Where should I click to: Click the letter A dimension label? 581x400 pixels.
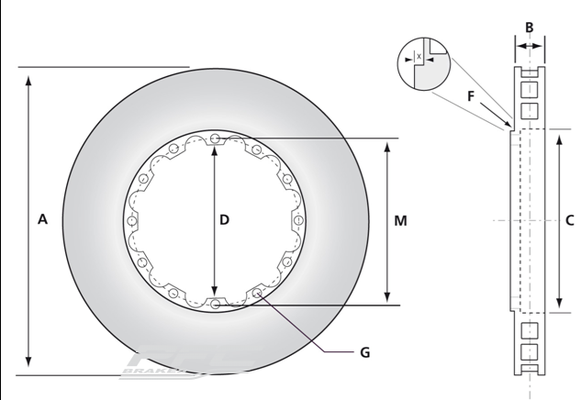(x=42, y=219)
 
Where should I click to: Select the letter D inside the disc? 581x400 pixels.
(x=224, y=219)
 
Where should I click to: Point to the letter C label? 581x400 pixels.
(x=570, y=219)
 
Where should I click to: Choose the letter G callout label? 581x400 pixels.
(x=364, y=352)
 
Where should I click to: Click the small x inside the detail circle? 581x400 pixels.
(x=419, y=57)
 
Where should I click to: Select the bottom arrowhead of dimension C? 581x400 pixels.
(x=559, y=306)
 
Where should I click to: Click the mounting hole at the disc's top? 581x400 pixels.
(x=215, y=139)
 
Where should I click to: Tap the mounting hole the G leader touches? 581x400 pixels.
(x=258, y=294)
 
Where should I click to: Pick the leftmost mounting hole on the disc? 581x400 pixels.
(x=132, y=221)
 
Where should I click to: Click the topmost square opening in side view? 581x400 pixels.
(x=528, y=89)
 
